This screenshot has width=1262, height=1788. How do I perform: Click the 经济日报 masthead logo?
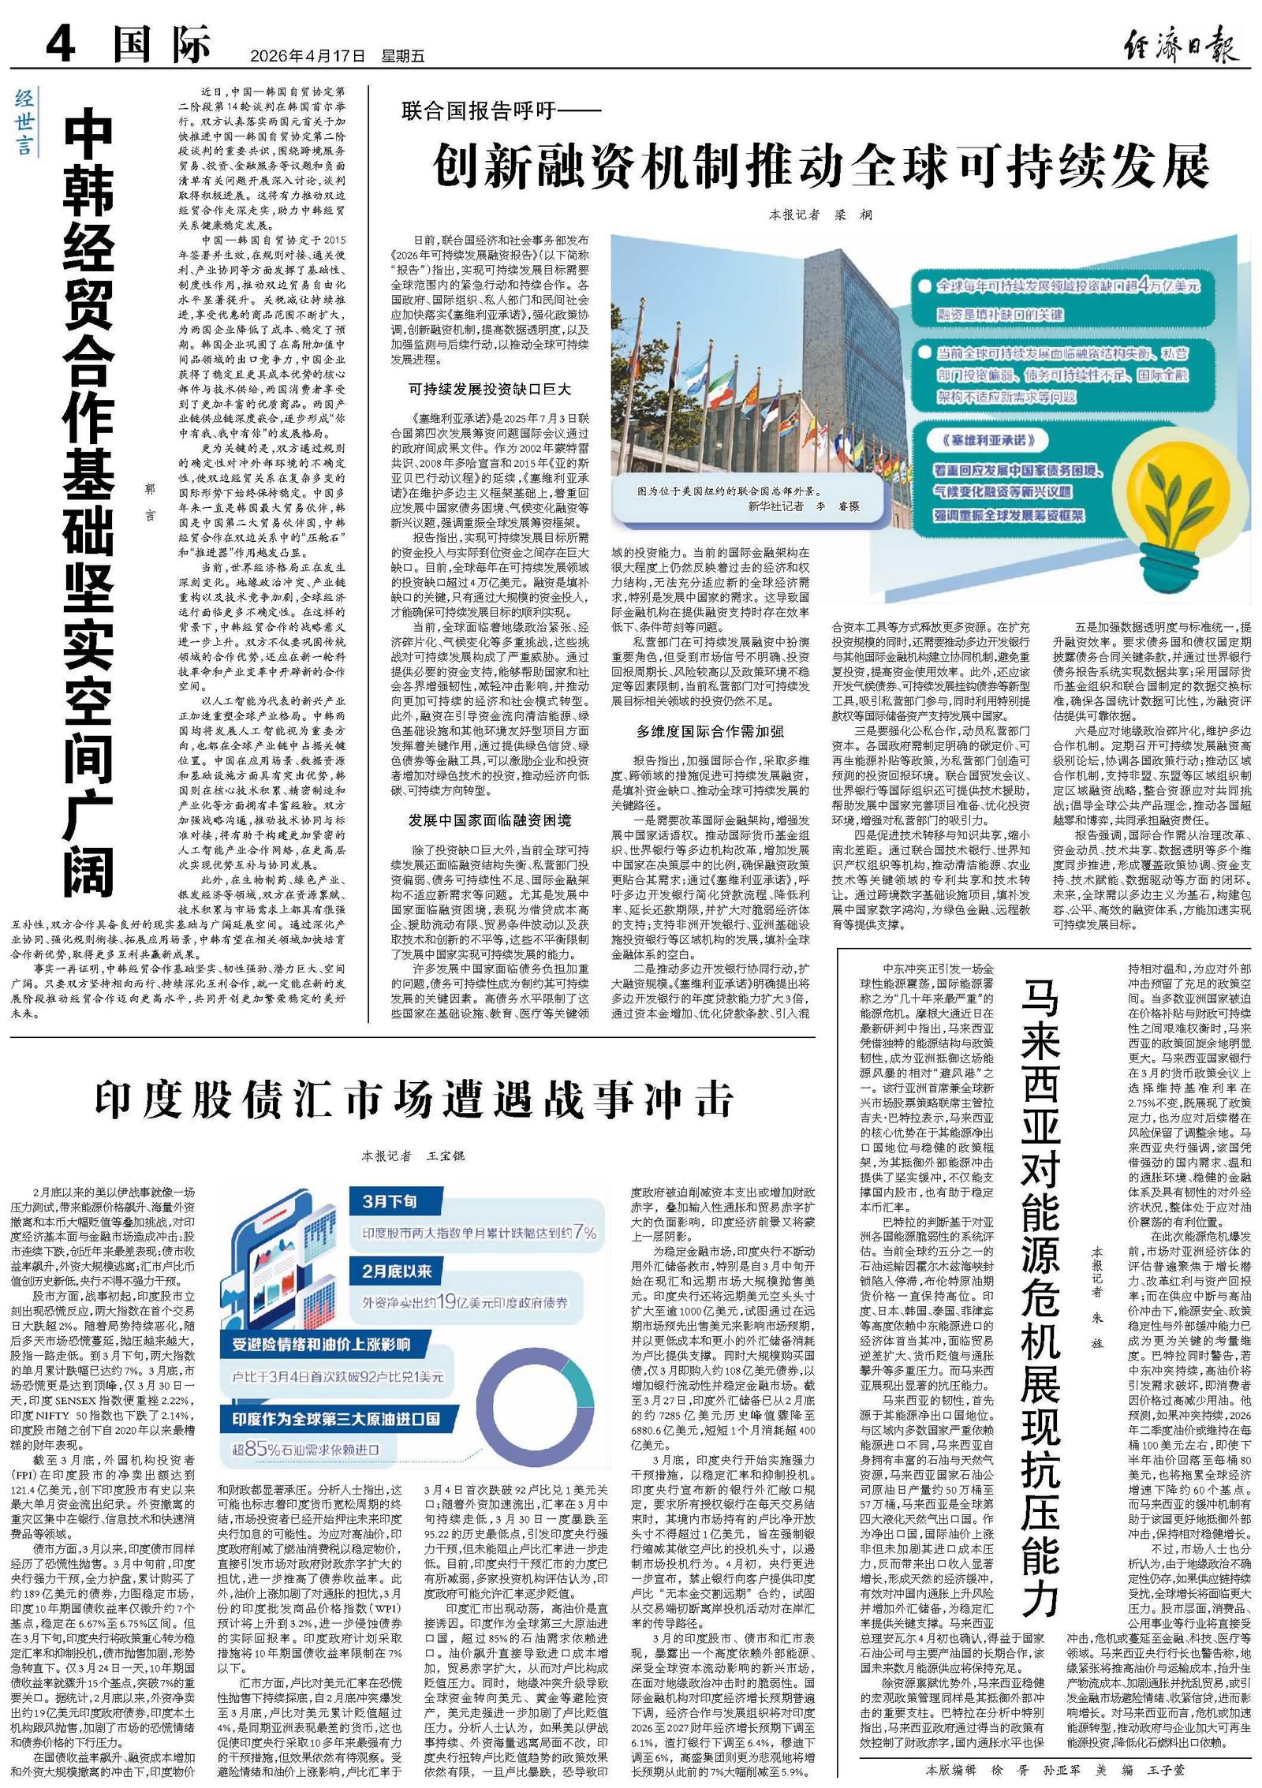pos(1180,45)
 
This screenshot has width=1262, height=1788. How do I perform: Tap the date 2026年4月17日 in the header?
pos(308,56)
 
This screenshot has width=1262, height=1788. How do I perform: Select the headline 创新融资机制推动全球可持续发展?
pos(820,165)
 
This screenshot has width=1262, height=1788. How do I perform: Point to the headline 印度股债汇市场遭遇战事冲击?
pos(415,1098)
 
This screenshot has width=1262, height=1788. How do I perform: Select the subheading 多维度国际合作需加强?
pos(710,731)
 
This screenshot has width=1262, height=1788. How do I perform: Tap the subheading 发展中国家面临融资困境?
pos(489,820)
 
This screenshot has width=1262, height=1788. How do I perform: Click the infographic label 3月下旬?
pos(390,1201)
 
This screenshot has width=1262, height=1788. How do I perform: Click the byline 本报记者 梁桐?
pos(820,215)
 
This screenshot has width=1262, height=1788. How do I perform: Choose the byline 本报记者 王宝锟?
pos(413,1156)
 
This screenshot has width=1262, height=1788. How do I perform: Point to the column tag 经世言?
pos(24,121)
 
